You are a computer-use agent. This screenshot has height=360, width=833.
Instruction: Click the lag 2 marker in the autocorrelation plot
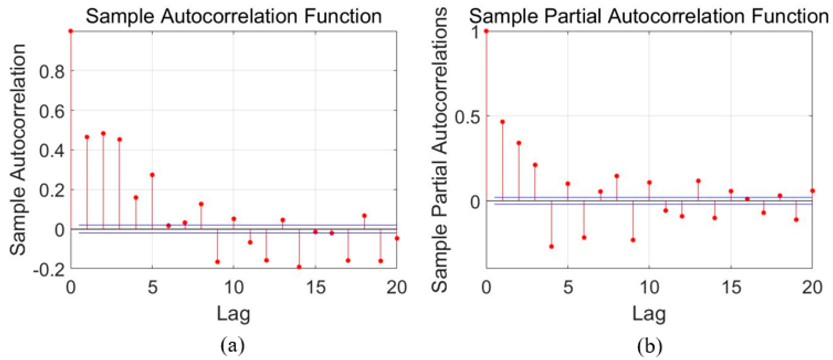pyautogui.click(x=103, y=133)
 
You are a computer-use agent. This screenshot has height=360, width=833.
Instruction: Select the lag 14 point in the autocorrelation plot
pyautogui.click(x=299, y=267)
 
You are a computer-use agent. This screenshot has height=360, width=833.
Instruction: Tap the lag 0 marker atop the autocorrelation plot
pyautogui.click(x=71, y=31)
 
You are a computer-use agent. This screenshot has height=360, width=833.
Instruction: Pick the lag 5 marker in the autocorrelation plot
pyautogui.click(x=152, y=175)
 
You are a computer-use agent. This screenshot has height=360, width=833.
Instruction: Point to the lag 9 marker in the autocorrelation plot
pyautogui.click(x=218, y=262)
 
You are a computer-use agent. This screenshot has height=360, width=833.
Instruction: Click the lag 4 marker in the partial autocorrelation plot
pyautogui.click(x=552, y=246)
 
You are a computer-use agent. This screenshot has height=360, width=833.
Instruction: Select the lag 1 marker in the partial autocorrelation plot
pyautogui.click(x=502, y=122)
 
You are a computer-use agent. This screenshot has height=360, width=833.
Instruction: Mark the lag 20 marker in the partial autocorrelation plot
pyautogui.click(x=813, y=191)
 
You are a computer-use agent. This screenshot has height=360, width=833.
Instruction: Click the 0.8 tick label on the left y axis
pyautogui.click(x=52, y=71)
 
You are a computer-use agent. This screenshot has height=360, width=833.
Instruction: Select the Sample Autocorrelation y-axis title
pyautogui.click(x=18, y=149)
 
